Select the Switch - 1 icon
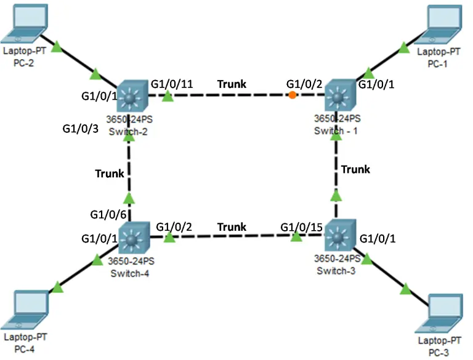point(337,96)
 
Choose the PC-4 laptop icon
point(28,311)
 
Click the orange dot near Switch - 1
point(292,95)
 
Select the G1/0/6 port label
point(108,215)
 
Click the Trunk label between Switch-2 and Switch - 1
point(232,84)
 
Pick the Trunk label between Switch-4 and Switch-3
point(232,227)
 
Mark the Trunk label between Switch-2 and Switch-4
point(110,174)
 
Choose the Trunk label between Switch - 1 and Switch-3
point(356,169)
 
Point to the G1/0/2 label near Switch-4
point(174,226)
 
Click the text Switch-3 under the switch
point(336,271)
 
